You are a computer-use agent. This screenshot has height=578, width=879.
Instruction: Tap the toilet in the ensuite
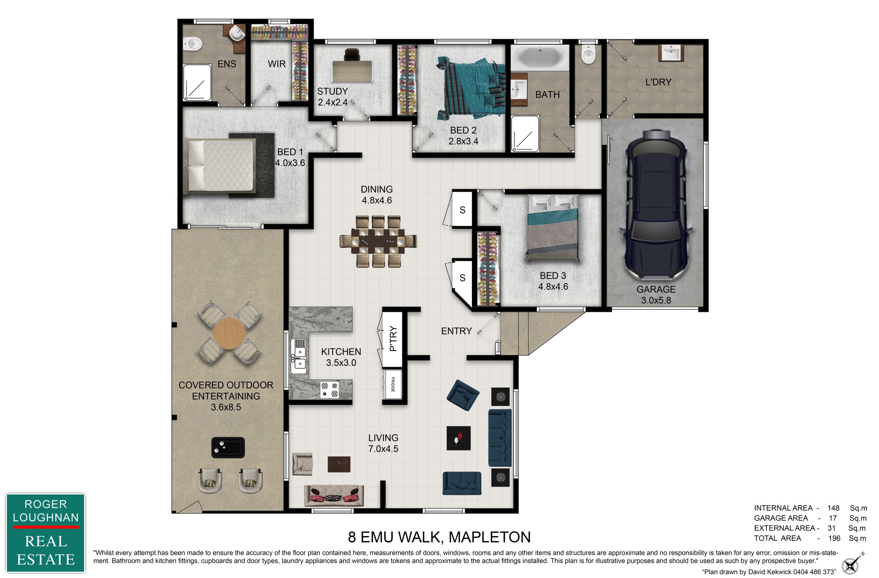(x=193, y=44)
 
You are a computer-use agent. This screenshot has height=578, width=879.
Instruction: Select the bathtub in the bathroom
(x=540, y=57)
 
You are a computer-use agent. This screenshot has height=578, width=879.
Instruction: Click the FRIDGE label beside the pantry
(x=392, y=384)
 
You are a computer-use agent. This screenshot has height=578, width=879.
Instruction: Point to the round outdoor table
(x=229, y=333)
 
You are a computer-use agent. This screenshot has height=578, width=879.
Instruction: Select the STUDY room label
(x=332, y=91)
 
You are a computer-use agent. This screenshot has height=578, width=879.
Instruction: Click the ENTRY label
(x=456, y=331)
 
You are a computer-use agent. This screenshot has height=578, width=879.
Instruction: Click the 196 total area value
(x=834, y=538)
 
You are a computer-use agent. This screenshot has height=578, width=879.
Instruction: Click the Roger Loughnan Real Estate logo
(x=45, y=533)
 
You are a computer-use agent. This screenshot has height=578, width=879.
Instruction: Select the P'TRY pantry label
(x=393, y=338)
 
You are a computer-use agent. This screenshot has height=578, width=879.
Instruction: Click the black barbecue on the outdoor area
(x=228, y=447)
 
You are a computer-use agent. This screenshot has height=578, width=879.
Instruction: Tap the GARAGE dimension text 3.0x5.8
(x=656, y=300)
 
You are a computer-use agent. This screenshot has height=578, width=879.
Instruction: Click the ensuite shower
(x=197, y=82)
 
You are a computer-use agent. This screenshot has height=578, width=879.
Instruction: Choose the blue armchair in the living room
(x=463, y=395)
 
